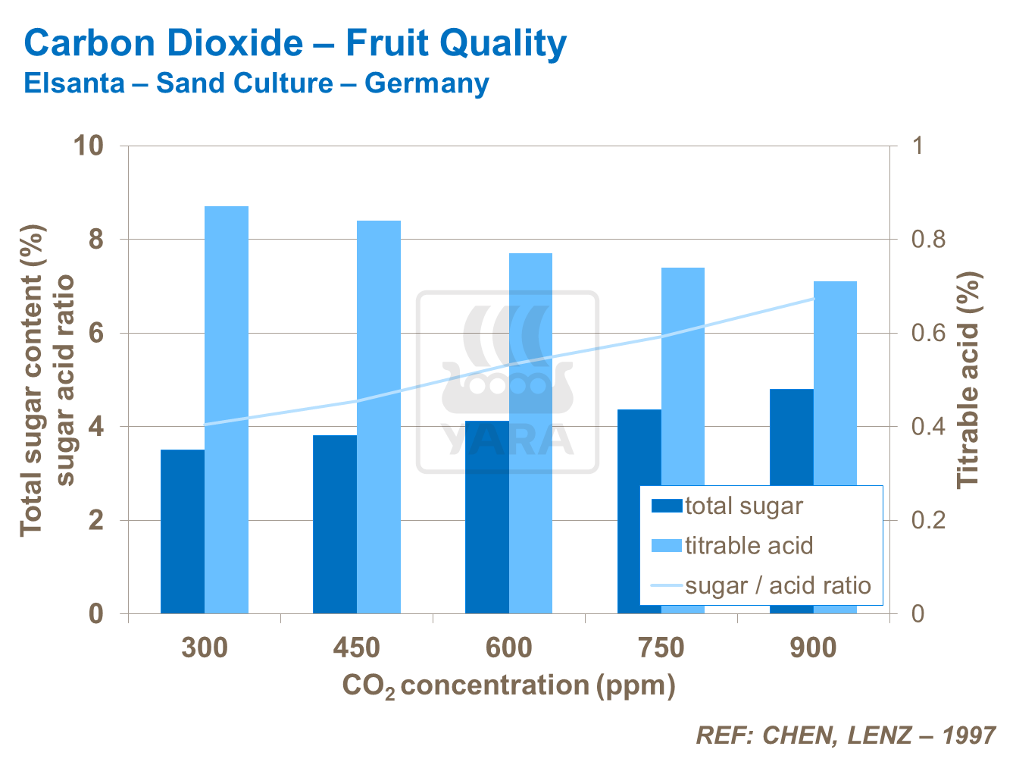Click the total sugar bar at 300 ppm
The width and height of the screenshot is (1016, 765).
183,531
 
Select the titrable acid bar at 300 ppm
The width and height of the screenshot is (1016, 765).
227,409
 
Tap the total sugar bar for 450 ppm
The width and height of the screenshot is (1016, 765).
335,524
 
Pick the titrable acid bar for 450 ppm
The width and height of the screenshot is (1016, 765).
379,417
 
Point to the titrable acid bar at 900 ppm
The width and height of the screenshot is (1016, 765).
835,379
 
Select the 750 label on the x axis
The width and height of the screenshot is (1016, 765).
661,648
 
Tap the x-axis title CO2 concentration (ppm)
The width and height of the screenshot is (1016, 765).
508,685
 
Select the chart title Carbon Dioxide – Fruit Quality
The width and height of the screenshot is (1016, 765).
295,43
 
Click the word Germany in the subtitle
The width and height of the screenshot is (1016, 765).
427,83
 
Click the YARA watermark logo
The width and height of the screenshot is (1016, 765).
508,383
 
